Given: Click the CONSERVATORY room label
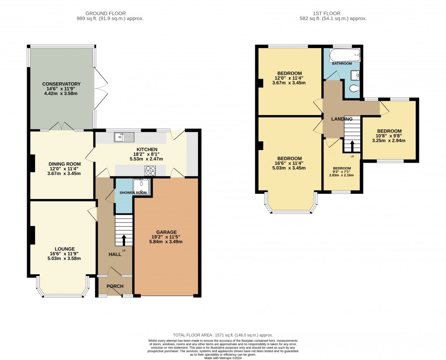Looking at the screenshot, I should tap(61, 84).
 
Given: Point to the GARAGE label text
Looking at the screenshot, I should tap(166, 232).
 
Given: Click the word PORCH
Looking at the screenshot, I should tap(115, 287).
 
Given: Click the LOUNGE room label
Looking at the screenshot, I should tap(62, 248).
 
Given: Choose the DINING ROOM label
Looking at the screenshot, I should tap(62, 164).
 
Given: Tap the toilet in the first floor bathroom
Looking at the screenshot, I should tap(355, 90).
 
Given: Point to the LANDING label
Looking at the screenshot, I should tap(341, 119).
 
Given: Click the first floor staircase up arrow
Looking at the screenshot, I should tap(352, 145).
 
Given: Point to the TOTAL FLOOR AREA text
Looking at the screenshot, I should tap(223, 333).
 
